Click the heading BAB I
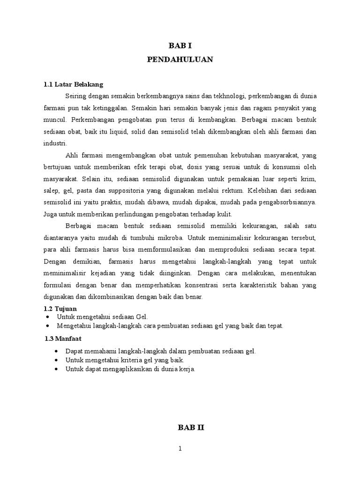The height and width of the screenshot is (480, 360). (x=180, y=46)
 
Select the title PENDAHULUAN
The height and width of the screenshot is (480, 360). (x=180, y=60)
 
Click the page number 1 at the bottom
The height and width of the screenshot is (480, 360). (x=180, y=449)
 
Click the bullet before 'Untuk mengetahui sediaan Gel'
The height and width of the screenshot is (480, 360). (x=49, y=317)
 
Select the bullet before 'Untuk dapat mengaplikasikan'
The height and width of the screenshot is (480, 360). (x=57, y=369)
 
